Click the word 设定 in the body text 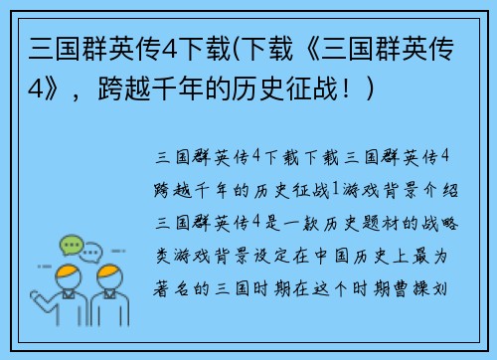coord(261,257)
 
